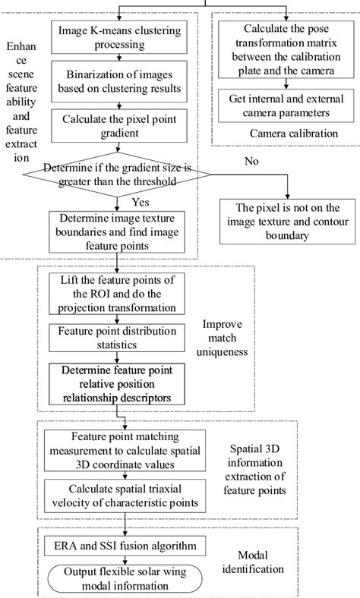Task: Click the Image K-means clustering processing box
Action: [x=114, y=36]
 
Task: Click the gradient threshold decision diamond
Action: [x=114, y=174]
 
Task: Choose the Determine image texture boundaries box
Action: [x=114, y=231]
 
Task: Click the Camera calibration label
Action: [x=288, y=134]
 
